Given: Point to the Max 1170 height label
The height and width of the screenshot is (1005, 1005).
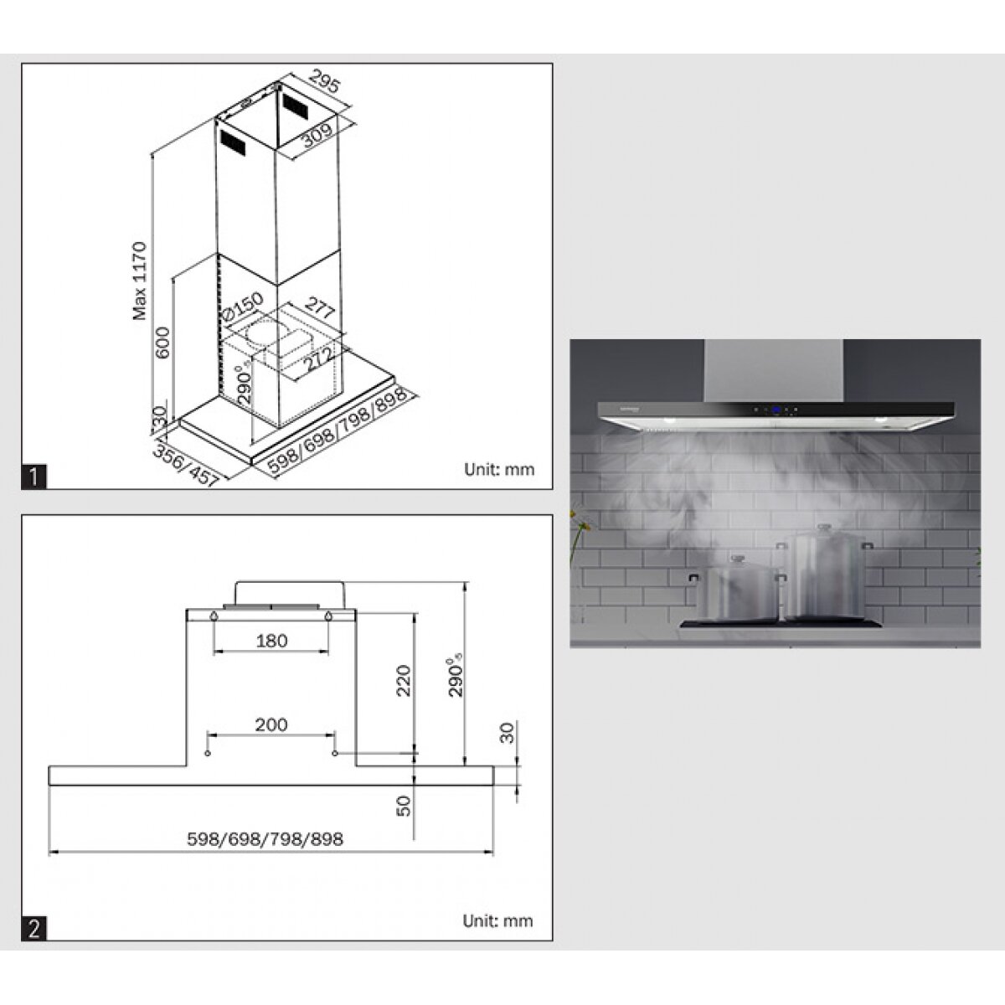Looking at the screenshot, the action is [x=140, y=281].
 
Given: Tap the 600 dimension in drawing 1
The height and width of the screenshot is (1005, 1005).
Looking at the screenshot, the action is [x=162, y=343].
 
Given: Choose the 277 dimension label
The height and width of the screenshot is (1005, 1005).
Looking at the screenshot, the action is [x=318, y=309].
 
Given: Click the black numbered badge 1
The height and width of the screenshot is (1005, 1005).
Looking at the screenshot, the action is [x=33, y=477].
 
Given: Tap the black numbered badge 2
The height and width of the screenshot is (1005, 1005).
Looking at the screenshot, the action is [x=33, y=929].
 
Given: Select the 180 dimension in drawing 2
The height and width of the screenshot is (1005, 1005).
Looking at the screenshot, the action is [x=271, y=641].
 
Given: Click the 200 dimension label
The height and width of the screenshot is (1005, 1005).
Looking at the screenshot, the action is [x=271, y=724].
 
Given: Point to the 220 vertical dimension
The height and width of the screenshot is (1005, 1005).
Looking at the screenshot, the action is [x=404, y=681].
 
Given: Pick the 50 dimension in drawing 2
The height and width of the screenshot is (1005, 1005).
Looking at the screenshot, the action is [x=404, y=806].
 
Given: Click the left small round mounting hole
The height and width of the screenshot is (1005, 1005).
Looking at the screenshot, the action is [x=208, y=754].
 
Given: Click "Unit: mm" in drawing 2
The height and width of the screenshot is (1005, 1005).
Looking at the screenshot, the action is [x=497, y=921].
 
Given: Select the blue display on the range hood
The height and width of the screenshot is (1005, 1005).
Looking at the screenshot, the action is [x=776, y=410].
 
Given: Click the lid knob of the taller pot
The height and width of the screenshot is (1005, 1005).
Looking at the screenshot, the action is [x=823, y=528].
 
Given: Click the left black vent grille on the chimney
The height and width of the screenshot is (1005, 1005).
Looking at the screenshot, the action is [x=232, y=142].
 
